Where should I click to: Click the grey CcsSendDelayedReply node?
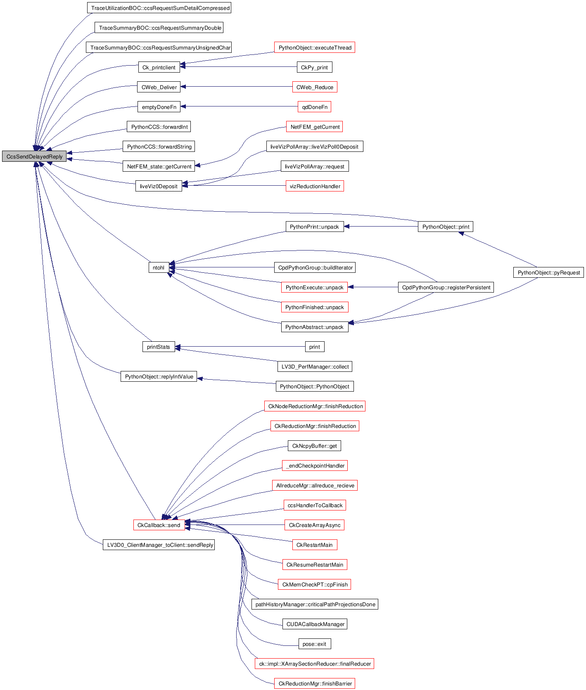(34, 157)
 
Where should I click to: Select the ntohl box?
(159, 268)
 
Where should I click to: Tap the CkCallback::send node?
(159, 525)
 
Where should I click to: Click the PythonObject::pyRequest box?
(548, 273)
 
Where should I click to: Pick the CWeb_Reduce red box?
(315, 87)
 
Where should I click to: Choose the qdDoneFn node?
(315, 107)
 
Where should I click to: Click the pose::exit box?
(314, 644)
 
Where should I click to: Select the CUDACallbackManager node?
(315, 624)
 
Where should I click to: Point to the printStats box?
(158, 347)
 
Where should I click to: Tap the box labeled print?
(314, 347)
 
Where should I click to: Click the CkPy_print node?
(314, 68)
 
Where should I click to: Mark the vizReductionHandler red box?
(315, 187)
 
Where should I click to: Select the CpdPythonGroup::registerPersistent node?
(446, 288)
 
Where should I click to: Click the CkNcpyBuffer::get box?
(314, 446)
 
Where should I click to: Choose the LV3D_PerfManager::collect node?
(315, 367)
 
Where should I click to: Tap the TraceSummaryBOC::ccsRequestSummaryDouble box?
(159, 28)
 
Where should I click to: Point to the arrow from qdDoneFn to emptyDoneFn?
(239, 106)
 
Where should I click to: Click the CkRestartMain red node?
(314, 545)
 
